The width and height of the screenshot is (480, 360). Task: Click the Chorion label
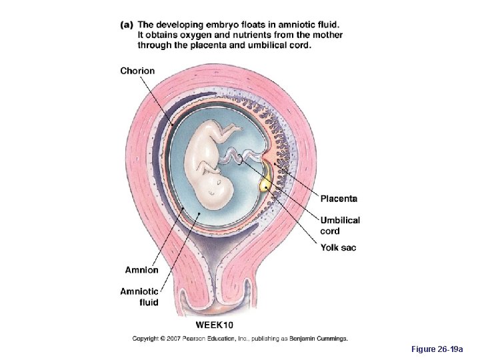pyautogui.click(x=137, y=71)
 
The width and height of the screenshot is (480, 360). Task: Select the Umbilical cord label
pyautogui.click(x=340, y=225)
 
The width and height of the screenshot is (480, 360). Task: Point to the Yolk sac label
pyautogui.click(x=338, y=248)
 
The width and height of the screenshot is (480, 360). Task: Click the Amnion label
pyautogui.click(x=142, y=270)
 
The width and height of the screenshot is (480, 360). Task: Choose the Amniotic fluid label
pyautogui.click(x=139, y=297)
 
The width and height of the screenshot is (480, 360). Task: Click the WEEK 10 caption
pyautogui.click(x=214, y=325)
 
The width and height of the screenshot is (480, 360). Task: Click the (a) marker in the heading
pyautogui.click(x=127, y=25)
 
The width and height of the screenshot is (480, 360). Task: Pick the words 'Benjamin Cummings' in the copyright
pyautogui.click(x=317, y=339)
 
